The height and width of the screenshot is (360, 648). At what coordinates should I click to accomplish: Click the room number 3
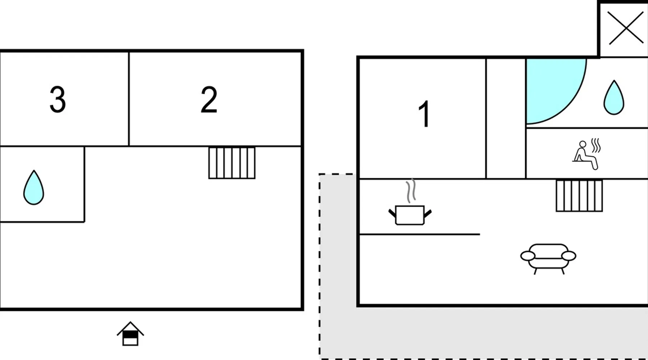point(58,99)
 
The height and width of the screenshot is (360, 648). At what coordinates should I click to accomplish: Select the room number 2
point(209,99)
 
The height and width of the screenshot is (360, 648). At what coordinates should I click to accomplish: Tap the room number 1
point(424,114)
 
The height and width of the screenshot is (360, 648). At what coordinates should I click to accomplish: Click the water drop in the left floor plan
point(33,187)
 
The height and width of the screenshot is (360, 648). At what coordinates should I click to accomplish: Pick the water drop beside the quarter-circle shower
point(614,98)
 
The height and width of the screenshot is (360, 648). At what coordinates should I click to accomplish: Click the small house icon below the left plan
point(130,334)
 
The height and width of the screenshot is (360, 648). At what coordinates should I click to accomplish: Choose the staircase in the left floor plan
point(232,163)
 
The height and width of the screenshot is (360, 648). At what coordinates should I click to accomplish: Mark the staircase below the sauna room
point(579,195)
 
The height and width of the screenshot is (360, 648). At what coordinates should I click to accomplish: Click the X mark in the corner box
point(626,28)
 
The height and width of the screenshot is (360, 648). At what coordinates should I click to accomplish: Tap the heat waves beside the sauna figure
point(596,145)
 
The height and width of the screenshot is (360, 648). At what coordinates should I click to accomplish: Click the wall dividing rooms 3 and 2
point(129,99)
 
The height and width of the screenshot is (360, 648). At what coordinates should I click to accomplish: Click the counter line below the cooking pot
point(420,234)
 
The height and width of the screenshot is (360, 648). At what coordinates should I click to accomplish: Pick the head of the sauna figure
point(582,144)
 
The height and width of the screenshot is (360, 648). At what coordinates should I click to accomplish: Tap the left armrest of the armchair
point(528,256)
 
